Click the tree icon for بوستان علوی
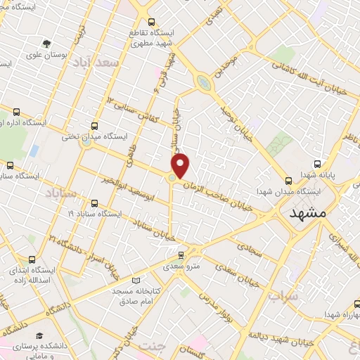pos(47,43)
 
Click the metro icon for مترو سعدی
pos(181,255)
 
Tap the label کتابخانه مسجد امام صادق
pos(136,295)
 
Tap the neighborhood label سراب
pos(283,296)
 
